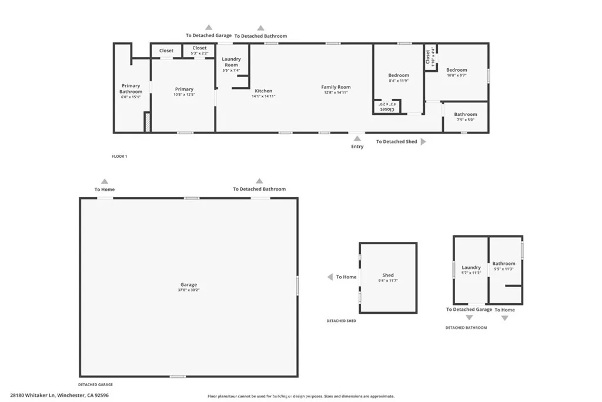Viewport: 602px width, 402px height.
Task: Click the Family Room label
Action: click(x=336, y=87)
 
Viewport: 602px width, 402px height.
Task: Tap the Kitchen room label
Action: click(x=263, y=91)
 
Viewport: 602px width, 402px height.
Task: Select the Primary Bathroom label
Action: click(x=131, y=89)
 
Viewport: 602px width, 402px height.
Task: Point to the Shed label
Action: click(x=388, y=275)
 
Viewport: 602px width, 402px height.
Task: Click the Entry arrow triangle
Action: click(x=357, y=138)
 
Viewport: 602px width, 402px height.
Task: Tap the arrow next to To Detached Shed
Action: click(x=423, y=142)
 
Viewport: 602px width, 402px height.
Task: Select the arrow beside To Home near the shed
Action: click(x=331, y=277)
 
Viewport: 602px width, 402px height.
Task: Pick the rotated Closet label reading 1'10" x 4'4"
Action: click(x=430, y=58)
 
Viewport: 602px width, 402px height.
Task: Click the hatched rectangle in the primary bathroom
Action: click(x=148, y=122)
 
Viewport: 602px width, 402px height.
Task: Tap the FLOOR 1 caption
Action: click(x=119, y=157)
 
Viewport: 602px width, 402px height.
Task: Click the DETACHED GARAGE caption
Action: click(x=95, y=384)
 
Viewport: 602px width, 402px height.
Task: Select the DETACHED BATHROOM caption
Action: click(x=466, y=327)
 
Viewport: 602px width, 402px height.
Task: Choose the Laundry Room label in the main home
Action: click(x=232, y=62)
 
